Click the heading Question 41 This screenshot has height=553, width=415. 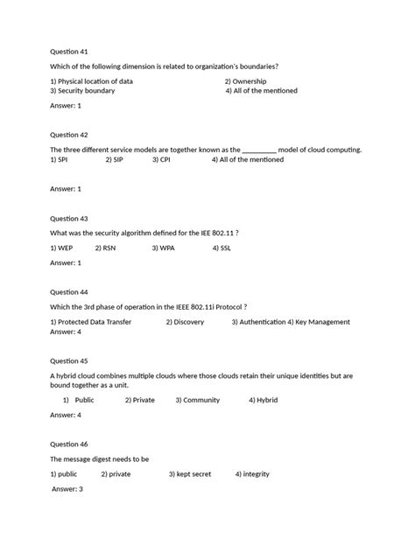pyautogui.click(x=69, y=52)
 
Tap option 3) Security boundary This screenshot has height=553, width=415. pyautogui.click(x=86, y=90)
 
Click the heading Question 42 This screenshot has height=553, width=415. pyautogui.click(x=69, y=135)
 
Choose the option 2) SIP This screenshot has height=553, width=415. pyautogui.click(x=115, y=159)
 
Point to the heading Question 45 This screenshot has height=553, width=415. pyautogui.click(x=69, y=360)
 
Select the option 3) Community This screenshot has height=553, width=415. pyautogui.click(x=197, y=400)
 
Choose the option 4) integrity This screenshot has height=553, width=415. pyautogui.click(x=252, y=474)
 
